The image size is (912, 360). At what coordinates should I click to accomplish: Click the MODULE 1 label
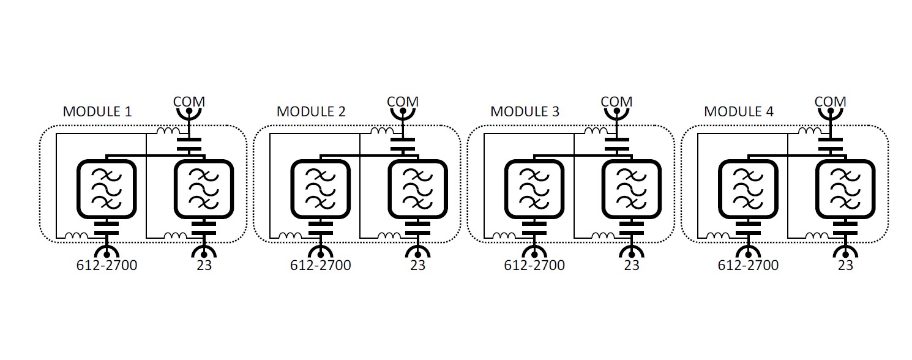coord(97,112)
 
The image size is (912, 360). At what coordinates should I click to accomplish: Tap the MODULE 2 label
coord(311,112)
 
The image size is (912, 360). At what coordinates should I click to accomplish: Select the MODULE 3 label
coord(525,112)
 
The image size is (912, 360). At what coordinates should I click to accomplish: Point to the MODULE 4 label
coord(738,112)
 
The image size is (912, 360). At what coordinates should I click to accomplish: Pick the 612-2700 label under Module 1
coord(107,266)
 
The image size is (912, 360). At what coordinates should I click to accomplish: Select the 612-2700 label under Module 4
coord(748,266)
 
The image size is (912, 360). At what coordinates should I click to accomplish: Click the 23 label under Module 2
coord(417,266)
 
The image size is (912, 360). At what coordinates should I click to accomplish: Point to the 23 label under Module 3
coord(631,266)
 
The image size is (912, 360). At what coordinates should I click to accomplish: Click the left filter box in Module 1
coord(106,189)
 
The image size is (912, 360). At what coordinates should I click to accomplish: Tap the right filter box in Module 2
coord(417,189)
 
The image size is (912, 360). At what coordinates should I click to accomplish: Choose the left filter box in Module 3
coord(533,189)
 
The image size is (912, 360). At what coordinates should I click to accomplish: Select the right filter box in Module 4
coord(845,189)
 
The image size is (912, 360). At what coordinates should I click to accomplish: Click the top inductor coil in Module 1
coord(168,131)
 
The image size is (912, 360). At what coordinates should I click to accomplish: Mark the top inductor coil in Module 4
coord(809,131)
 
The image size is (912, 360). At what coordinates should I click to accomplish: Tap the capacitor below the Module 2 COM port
coord(402,144)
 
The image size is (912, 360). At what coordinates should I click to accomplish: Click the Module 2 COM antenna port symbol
coord(402,114)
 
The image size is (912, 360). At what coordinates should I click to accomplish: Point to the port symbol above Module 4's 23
coord(845,251)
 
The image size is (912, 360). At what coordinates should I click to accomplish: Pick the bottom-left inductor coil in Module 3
coord(504,235)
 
